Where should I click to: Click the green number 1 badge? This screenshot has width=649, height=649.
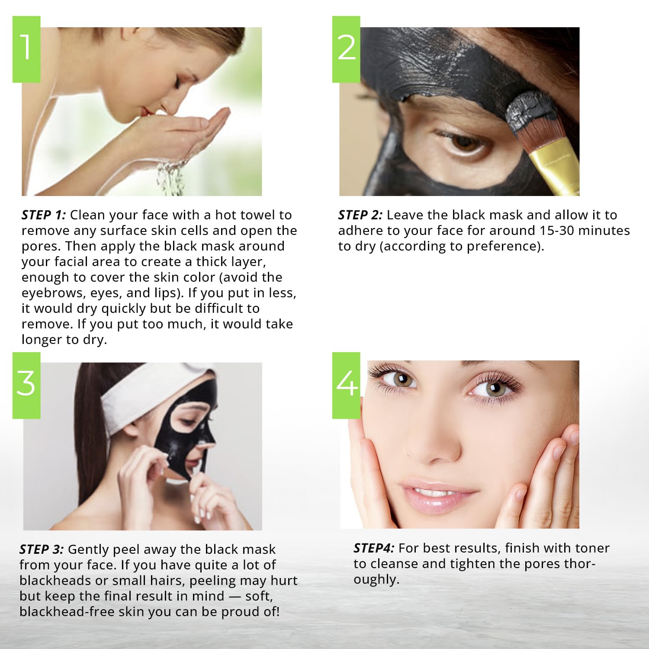pyautogui.click(x=26, y=49)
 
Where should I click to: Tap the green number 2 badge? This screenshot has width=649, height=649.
pyautogui.click(x=346, y=49)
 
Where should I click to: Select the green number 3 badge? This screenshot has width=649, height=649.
pyautogui.click(x=26, y=385)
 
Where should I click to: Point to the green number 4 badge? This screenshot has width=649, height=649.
pyautogui.click(x=346, y=385)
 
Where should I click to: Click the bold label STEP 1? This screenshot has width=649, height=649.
pyautogui.click(x=43, y=215)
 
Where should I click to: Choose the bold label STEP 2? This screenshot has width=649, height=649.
pyautogui.click(x=360, y=215)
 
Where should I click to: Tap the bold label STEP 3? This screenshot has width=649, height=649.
pyautogui.click(x=42, y=549)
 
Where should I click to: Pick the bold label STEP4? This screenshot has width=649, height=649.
pyautogui.click(x=374, y=548)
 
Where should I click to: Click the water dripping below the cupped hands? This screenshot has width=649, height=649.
pyautogui.click(x=171, y=177)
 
